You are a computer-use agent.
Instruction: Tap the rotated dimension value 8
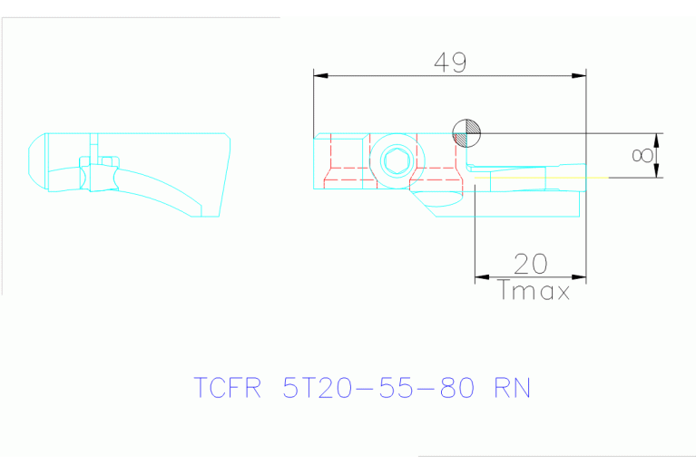click(x=642, y=156)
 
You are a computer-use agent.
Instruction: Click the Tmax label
click(x=534, y=292)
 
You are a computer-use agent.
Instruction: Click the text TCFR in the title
click(x=228, y=388)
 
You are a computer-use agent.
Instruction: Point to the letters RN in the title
click(x=511, y=388)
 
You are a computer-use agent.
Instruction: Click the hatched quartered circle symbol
click(x=466, y=134)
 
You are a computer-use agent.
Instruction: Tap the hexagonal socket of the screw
click(x=395, y=162)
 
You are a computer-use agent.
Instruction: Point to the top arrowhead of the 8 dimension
click(x=657, y=139)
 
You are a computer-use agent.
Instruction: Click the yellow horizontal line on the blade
click(x=544, y=179)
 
